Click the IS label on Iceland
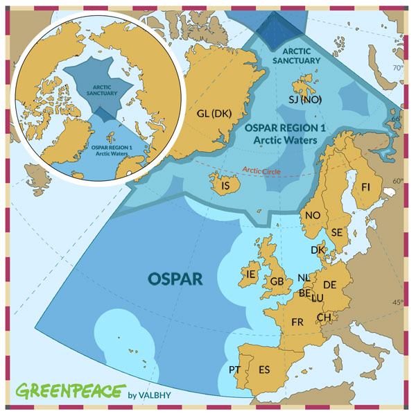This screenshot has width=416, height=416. point(225,186)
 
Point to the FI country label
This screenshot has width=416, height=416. point(366,187)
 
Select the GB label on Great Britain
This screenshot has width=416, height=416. point(277,281)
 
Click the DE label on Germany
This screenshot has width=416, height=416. point(330,285)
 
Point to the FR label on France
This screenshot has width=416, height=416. point(298,322)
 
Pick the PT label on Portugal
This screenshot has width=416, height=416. point(235,369)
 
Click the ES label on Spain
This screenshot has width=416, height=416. point(264,370)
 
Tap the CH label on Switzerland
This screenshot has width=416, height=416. point(324,318)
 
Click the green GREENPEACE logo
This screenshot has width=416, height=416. point(71,391)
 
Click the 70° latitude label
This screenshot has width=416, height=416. point(398,68)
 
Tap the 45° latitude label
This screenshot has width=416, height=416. point(397,302)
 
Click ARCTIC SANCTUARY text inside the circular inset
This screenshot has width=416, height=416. point(101,89)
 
